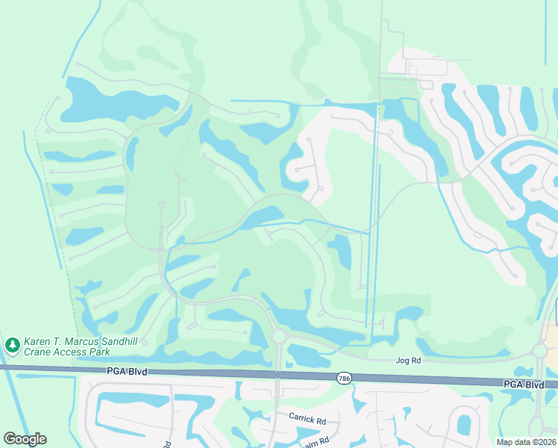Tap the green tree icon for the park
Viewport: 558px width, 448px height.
click(x=12, y=345)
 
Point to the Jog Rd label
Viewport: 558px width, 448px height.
click(x=408, y=361)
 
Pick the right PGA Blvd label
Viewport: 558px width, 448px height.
click(x=524, y=384)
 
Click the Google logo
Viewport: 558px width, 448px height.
click(x=25, y=439)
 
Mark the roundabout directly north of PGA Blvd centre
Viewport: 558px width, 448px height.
click(x=279, y=337)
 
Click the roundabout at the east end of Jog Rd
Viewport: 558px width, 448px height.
click(x=540, y=351)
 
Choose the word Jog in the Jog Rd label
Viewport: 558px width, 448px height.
click(x=402, y=361)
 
